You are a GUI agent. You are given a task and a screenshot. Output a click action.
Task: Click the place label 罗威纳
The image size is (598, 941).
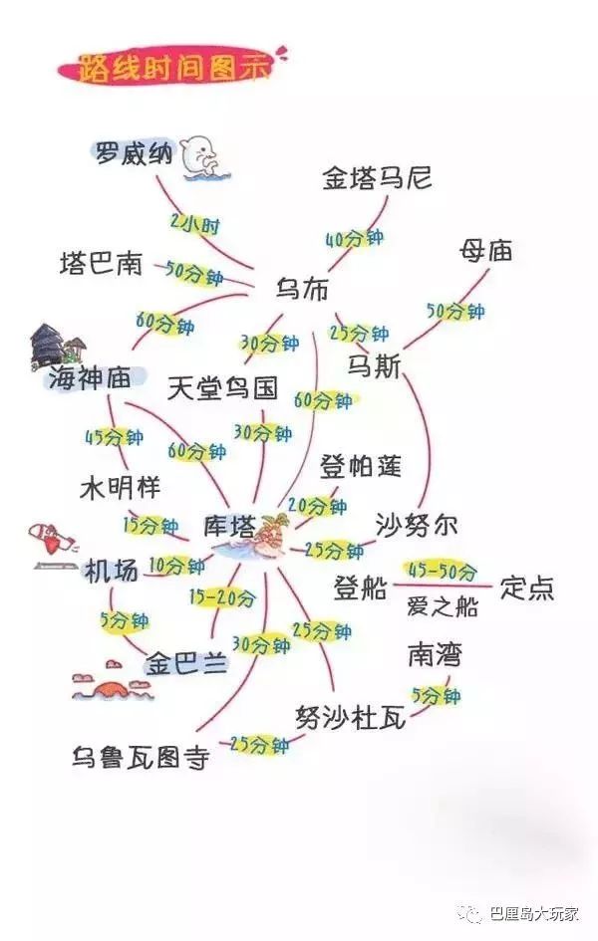coord(134,154)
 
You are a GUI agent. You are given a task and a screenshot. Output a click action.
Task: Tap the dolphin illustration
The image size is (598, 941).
coord(204,158)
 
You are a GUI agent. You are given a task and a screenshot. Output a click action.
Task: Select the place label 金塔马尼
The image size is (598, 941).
coord(377,178)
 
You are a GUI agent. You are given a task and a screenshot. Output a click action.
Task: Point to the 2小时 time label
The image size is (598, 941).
coord(195,224)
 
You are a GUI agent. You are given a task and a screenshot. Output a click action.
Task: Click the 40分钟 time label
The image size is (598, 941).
coord(354,238)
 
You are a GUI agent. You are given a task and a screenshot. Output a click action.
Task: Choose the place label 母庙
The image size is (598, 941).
coord(485,250)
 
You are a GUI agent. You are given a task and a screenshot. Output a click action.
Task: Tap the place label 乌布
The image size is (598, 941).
coord(303,289)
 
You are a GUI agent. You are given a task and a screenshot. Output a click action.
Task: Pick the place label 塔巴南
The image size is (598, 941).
coord(101,264)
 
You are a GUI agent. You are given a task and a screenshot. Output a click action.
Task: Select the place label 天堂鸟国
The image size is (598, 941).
coord(222,388)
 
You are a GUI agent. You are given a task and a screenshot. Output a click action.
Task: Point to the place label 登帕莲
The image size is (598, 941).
coord(360,466)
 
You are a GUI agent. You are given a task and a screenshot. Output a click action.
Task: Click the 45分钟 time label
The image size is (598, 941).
coord(114,437)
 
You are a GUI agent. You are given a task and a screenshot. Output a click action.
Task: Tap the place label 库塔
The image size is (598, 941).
coord(229,527)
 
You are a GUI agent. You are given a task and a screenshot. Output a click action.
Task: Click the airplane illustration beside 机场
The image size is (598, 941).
coord(53,538)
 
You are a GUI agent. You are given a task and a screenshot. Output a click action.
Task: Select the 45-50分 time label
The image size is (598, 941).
coord(443,571)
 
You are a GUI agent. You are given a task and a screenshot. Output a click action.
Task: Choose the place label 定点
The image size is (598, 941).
coord(526,588)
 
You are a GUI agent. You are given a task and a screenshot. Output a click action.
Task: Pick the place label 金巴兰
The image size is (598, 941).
coord(186,664)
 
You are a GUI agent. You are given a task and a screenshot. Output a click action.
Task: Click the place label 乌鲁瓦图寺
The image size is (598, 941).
coord(141,757)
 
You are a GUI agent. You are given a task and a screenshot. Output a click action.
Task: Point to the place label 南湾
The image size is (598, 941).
coord(435,655)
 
